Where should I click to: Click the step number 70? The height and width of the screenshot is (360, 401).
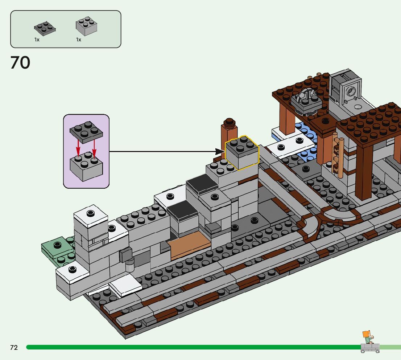pos(20,62)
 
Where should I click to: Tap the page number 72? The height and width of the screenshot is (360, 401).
pos(14,348)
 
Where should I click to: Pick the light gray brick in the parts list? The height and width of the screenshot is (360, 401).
pos(86,26)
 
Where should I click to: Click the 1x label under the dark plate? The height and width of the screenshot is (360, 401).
pos(37,40)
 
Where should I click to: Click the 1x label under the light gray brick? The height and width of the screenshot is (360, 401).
pos(78,40)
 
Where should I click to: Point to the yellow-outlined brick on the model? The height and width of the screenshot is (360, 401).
pos(242,152)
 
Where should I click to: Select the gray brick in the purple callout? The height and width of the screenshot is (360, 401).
pos(86,167)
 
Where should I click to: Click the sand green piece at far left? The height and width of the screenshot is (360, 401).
pos(56,249)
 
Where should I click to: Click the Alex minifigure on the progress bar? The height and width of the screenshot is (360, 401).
pos(368,337)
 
